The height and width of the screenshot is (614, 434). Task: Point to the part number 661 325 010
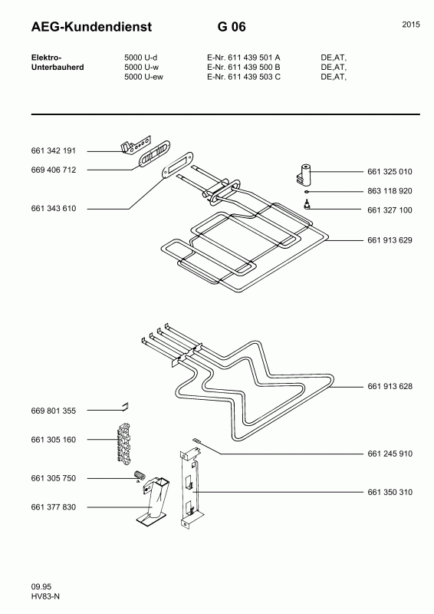coord(390,171)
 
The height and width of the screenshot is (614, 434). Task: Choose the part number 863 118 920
coord(390,190)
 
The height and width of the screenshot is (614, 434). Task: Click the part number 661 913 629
coord(390,240)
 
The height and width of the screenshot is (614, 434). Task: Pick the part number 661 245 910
coord(390,454)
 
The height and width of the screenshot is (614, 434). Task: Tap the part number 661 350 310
coord(390,491)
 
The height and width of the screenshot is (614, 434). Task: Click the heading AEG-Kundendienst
coord(91,28)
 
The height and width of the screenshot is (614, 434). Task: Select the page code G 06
coord(231,28)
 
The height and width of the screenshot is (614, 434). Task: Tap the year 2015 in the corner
coord(410,25)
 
